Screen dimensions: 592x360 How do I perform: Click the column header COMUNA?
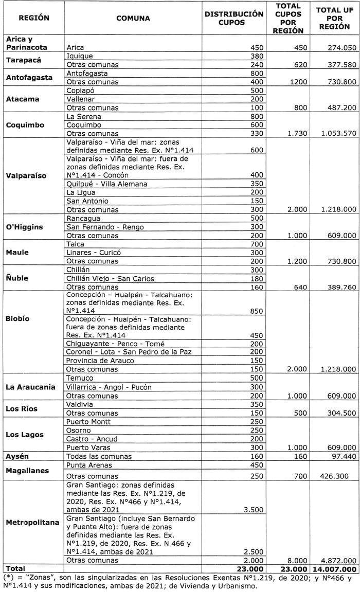(133, 18)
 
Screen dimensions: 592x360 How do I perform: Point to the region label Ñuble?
(18, 278)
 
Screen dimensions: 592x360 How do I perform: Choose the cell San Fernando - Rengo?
(105, 226)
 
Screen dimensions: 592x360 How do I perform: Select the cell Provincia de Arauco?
(100, 360)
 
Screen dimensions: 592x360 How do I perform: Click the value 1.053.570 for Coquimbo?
(335, 133)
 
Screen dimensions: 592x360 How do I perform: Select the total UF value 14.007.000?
(334, 568)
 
